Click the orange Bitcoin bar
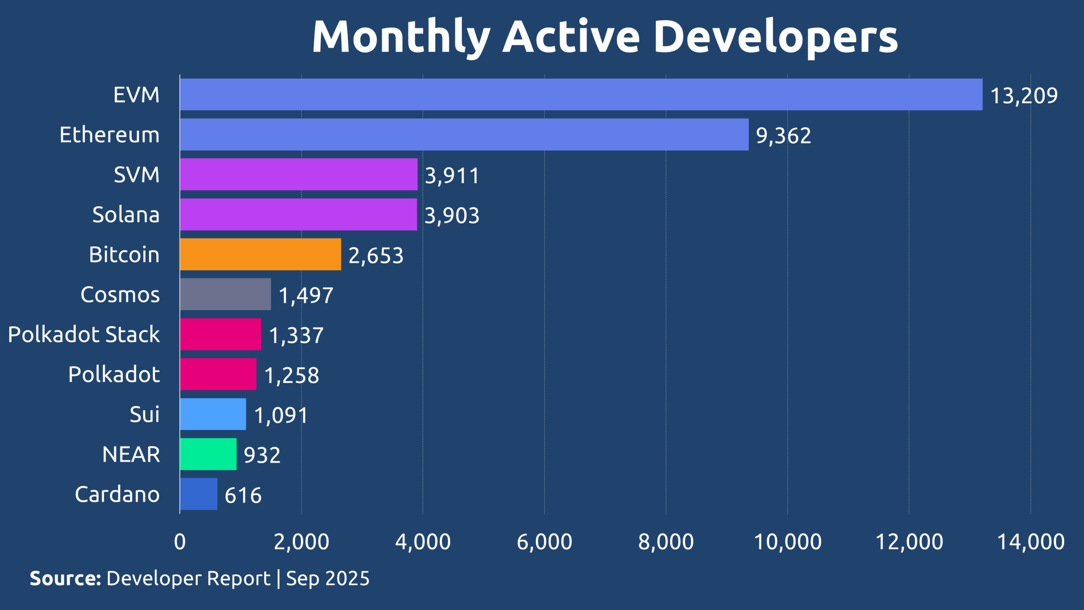pyautogui.click(x=260, y=254)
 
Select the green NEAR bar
pyautogui.click(x=208, y=454)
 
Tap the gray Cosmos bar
pyautogui.click(x=225, y=294)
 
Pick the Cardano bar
pyautogui.click(x=198, y=494)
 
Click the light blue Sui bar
pyautogui.click(x=213, y=414)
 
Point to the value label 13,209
pyautogui.click(x=1024, y=95)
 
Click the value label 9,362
pyautogui.click(x=783, y=136)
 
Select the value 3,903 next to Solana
pyautogui.click(x=452, y=215)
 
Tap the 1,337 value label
pyautogui.click(x=296, y=335)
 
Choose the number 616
pyautogui.click(x=243, y=495)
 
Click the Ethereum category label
pyautogui.click(x=110, y=135)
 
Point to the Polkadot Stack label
pyautogui.click(x=84, y=334)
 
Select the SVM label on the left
pyautogui.click(x=136, y=175)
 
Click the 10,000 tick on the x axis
pyautogui.click(x=788, y=542)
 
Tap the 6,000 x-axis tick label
pyautogui.click(x=545, y=542)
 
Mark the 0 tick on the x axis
pyautogui.click(x=180, y=542)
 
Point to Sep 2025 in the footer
pyautogui.click(x=328, y=578)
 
